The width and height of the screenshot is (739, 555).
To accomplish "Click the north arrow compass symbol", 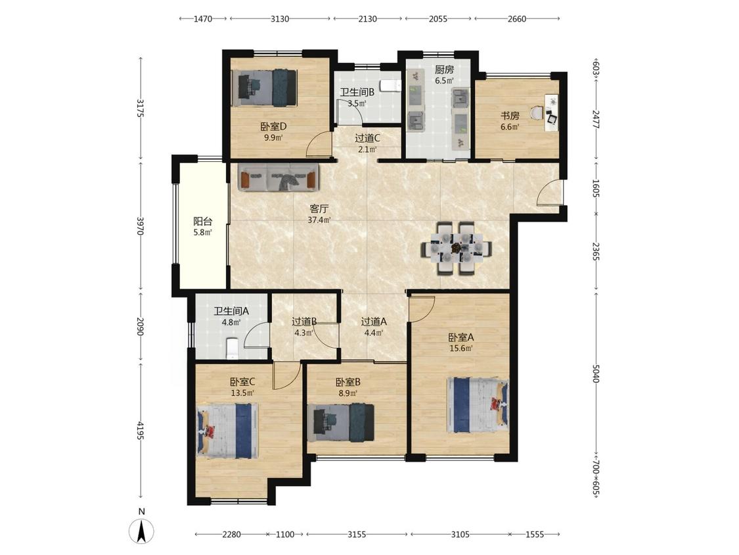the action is coord(141,531).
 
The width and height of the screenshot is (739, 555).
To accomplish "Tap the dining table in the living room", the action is coord(457,248).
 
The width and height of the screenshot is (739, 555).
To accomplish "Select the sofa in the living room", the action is coord(278,177).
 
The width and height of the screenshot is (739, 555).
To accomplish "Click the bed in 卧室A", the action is coord(478,404).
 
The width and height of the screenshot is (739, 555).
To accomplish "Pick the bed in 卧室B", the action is coord(340,422).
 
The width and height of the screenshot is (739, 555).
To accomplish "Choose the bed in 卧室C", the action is coord(227,431).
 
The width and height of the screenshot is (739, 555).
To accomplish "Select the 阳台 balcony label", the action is coord(203,221).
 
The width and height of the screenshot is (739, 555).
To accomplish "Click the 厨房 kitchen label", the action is coord(444,70).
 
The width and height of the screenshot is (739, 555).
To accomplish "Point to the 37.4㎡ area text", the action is coord(319,220).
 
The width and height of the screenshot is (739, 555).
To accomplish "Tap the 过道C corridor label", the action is coord(367,138).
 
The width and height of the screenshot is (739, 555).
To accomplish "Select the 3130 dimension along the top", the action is coord(280,19).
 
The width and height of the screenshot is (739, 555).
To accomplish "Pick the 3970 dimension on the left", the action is coord(140,226).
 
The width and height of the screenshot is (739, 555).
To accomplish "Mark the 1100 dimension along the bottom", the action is coord(284,534).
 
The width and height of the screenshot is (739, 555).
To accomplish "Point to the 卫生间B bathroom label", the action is coord(357,93).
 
